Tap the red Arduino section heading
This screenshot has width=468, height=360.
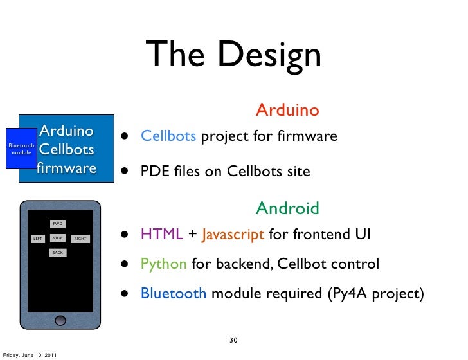[287, 110]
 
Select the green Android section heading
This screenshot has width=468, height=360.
[287, 208]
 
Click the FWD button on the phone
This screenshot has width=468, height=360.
[58, 224]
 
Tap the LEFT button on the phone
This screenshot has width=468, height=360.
[38, 239]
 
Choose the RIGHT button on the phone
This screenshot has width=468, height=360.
[80, 239]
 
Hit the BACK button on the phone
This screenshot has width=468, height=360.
[58, 253]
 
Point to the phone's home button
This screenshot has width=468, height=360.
[60, 319]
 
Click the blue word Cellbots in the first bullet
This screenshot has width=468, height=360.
[168, 136]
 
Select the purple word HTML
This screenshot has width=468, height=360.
[162, 235]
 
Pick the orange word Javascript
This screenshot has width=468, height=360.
[233, 235]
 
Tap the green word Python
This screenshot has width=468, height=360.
[164, 264]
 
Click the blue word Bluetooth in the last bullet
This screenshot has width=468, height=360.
[174, 294]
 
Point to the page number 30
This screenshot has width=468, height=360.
[234, 339]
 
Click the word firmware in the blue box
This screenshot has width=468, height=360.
[66, 168]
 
